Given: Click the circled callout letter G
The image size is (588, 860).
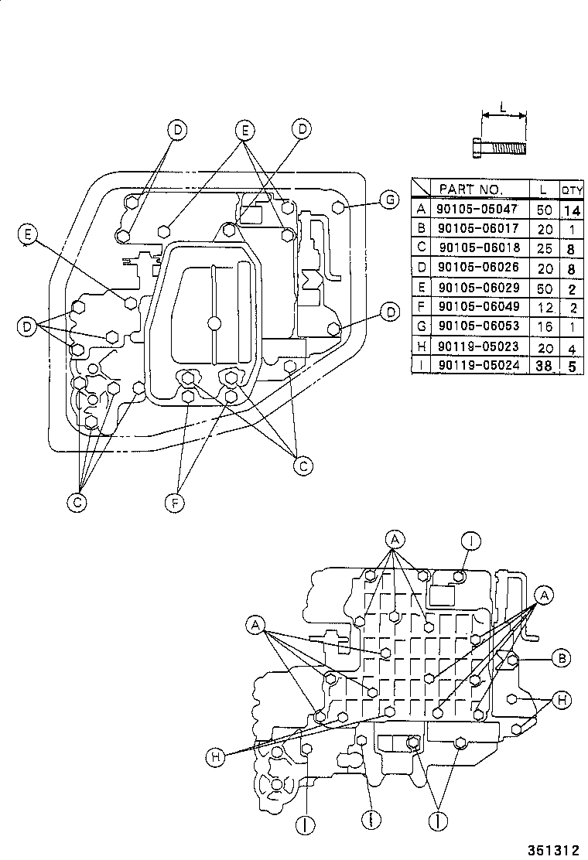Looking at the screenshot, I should tap(390, 200).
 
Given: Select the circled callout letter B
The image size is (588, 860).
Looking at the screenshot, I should tap(562, 658).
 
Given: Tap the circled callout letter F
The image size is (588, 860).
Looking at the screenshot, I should tap(177, 503).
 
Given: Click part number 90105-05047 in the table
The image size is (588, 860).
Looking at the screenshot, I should tap(471, 208).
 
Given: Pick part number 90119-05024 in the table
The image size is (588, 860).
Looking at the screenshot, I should tap(471, 367).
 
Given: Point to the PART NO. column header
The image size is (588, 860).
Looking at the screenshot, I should tap(471, 189).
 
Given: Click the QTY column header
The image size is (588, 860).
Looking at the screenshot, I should tap(572, 189).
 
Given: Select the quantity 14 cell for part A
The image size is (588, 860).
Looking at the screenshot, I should tap(571, 208).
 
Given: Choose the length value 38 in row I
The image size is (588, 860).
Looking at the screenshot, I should tap(544, 367).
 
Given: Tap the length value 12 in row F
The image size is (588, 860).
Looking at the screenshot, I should tap(544, 308).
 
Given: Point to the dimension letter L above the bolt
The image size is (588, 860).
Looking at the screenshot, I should tap(503, 108).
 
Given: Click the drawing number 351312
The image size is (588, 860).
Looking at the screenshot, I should tap(553, 849).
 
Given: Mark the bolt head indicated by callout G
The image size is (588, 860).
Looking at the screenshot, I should tap(337, 206).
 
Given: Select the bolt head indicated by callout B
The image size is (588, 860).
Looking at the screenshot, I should tap(511, 660).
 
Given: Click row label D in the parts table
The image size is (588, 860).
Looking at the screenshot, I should tap(421, 268).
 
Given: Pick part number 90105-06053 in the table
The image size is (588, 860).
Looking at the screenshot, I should tap(471, 327).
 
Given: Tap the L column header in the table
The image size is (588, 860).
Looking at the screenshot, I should tap(544, 189).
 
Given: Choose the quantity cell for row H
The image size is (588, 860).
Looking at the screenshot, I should tap(571, 347).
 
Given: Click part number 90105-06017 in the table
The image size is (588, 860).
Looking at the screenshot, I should tap(471, 228).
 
